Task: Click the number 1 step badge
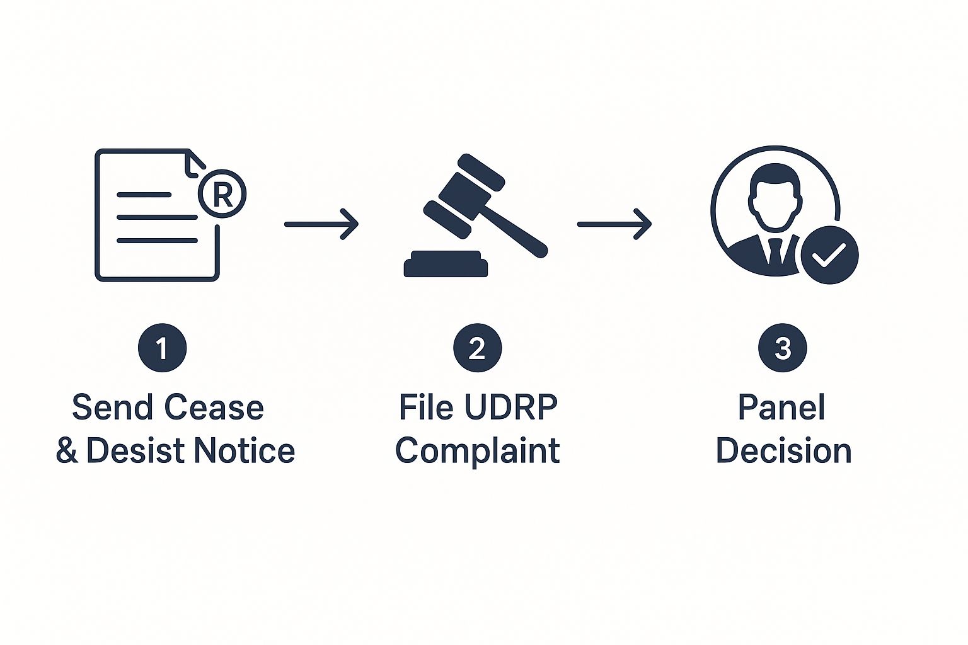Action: [x=162, y=348]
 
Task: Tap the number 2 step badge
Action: [x=477, y=348]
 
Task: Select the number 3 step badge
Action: [x=782, y=348]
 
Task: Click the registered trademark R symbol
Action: [x=222, y=193]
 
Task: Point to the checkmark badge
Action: [x=829, y=255]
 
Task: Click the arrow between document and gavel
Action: [x=321, y=224]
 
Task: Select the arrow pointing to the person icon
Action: [x=614, y=224]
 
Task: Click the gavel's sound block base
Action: [x=446, y=265]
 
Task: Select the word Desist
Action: [x=136, y=451]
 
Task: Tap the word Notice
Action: [x=244, y=451]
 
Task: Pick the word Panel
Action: [x=781, y=407]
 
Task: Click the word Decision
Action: [x=783, y=451]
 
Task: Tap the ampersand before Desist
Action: [x=67, y=451]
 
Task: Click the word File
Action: [x=426, y=407]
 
